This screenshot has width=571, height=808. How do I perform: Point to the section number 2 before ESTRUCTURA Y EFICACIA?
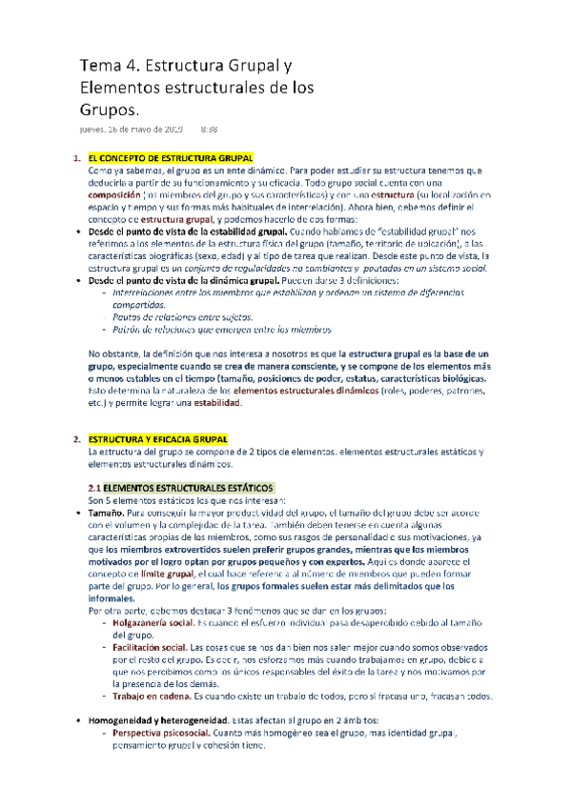coord(75,438)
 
